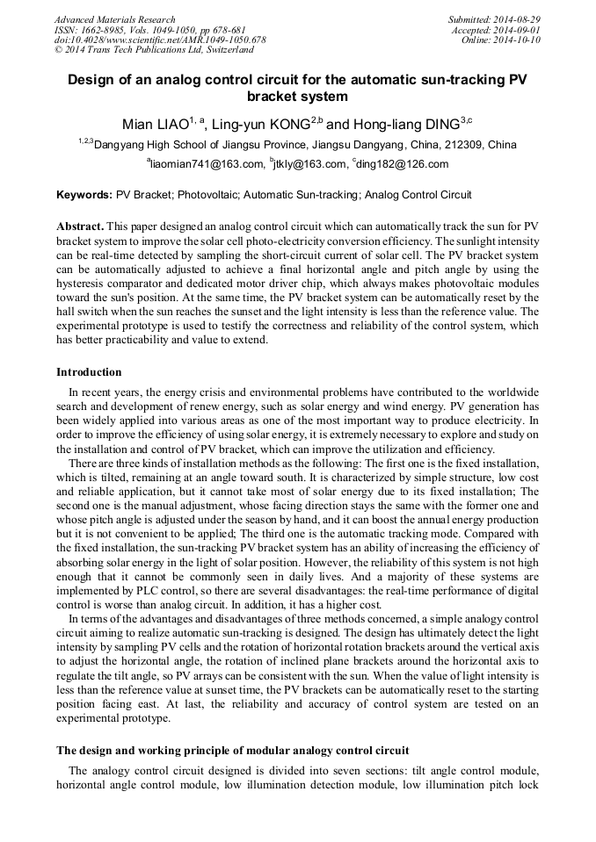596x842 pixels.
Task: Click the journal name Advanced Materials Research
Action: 114,19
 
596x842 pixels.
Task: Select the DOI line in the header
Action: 159,40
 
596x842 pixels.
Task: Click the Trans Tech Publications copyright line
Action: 154,51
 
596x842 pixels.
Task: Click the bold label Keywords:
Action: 84,195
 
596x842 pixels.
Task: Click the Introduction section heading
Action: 89,372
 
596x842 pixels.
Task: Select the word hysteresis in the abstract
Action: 85,284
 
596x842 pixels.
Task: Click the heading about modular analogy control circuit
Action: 232,751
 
